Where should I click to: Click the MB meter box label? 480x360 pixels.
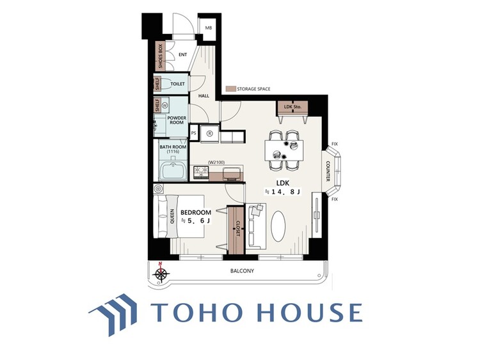pos(209,28)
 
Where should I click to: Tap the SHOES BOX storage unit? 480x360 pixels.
pos(160,56)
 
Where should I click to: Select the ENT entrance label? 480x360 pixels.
pos(183,55)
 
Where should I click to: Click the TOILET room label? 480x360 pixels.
pos(177,84)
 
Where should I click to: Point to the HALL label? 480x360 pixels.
pos(204,96)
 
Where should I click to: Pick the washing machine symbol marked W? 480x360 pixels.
pos(165,106)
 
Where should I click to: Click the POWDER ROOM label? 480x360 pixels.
pos(177,120)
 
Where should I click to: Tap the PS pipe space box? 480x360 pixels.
pos(193,133)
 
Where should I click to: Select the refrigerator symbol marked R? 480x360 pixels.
pos(210,134)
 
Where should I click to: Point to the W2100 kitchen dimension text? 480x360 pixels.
pos(216,162)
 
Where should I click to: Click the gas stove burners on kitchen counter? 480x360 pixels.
pos(200,172)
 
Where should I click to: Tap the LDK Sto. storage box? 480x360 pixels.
pos(292,107)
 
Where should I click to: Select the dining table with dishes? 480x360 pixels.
pos(284,150)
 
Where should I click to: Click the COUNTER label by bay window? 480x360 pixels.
pos(328,171)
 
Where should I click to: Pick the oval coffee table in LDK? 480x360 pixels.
pos(278,226)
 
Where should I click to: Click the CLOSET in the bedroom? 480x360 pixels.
pos(236,230)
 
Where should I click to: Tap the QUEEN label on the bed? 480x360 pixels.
pos(172,216)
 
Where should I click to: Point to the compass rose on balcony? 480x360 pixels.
pos(161,273)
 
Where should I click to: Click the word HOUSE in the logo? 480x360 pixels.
pos(310,312)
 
